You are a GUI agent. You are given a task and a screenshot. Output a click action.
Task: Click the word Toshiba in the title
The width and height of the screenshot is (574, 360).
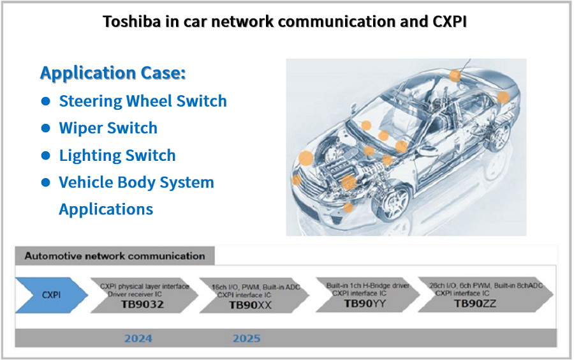pos(131,21)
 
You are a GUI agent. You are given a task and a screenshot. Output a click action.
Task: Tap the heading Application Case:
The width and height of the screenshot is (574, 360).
pos(113,73)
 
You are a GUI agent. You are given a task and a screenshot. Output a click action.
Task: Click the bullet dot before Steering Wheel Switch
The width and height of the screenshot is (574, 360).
pos(46,101)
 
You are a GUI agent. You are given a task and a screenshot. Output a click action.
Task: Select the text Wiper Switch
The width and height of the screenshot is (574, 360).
pos(108,128)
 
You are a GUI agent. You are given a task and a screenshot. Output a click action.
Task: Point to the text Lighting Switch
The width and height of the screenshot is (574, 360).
pos(117,155)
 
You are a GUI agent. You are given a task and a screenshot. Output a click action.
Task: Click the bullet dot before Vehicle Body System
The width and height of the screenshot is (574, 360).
pos(46,183)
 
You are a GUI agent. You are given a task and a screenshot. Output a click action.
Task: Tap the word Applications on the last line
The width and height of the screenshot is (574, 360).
pos(106,209)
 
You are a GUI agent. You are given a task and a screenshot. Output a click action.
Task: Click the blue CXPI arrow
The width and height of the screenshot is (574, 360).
pos(51,295)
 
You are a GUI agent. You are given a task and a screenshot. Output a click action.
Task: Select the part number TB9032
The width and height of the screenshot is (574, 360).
pos(142,304)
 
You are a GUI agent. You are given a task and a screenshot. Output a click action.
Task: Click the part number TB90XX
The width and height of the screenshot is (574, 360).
pos(251,305)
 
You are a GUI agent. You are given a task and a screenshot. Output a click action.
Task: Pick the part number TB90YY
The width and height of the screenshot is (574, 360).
pos(365,303)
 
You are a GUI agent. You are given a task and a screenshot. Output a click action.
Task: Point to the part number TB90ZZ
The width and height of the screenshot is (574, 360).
pos(475,303)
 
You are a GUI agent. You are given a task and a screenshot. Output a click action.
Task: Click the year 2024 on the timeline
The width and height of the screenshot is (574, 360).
pos(138,338)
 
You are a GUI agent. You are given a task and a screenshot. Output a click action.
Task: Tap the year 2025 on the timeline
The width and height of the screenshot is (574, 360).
pos(246,338)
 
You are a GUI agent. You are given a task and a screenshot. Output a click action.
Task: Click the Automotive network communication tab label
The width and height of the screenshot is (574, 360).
pos(115,255)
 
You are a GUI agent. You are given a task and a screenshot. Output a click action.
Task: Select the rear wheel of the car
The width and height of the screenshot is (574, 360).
pos(498,135)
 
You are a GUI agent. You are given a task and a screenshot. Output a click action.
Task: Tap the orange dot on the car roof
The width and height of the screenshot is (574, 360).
pos(455,76)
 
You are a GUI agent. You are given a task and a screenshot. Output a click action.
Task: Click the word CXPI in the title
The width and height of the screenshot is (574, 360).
pos(450,21)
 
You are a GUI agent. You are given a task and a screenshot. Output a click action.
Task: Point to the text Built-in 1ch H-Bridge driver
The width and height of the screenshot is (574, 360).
pos(368,285)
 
